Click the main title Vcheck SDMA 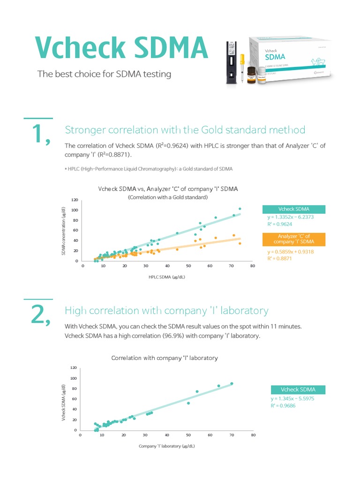point(121,48)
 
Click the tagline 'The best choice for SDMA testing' point(104,74)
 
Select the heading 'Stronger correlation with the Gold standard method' point(185,130)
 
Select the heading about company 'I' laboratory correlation point(166,311)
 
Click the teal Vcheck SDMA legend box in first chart point(293,209)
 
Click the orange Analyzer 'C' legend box point(293,239)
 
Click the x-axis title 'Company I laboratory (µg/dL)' point(166,446)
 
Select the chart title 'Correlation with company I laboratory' point(165,358)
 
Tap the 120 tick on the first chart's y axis point(75,200)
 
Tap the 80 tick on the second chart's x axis point(253,435)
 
